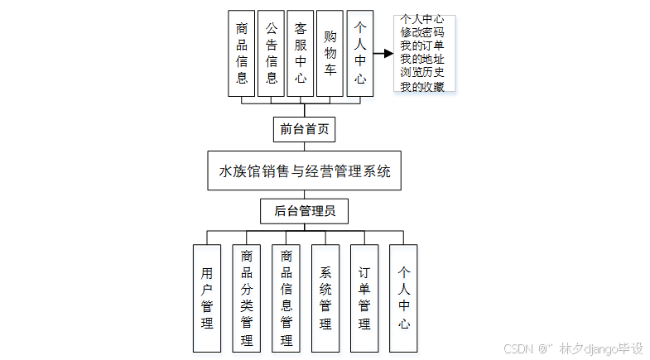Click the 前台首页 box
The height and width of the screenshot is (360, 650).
(304, 129)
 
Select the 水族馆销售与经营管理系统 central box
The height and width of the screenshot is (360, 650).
(304, 172)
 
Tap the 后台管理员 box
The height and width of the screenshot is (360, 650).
(304, 212)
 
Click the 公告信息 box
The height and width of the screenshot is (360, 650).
(271, 53)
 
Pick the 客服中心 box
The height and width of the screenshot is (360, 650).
(300, 53)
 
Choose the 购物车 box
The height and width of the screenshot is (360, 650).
(330, 53)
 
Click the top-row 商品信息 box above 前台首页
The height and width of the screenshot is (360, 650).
(242, 53)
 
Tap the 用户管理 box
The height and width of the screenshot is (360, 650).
(207, 298)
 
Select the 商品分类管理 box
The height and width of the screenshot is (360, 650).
(247, 298)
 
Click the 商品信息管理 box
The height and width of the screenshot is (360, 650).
(286, 298)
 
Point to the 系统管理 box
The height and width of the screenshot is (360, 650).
(325, 298)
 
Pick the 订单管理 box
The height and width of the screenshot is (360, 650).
(364, 298)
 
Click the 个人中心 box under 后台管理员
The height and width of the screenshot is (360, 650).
(403, 298)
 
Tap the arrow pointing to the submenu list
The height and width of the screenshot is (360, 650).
(382, 54)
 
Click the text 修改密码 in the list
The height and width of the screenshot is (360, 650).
(422, 32)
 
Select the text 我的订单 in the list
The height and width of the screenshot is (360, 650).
(422, 46)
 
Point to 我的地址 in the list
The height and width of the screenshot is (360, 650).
(422, 59)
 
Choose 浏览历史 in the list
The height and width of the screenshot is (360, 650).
(422, 72)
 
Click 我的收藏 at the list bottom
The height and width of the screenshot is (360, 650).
(422, 85)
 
